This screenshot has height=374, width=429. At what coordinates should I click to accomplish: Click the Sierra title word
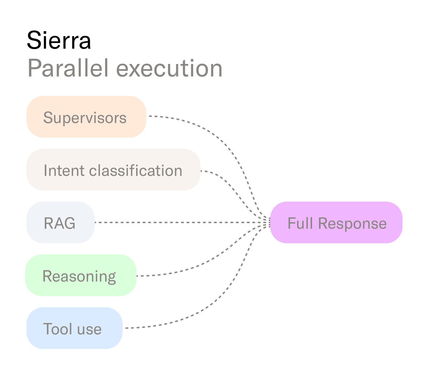59,40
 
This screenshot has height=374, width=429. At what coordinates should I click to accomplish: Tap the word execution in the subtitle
169,68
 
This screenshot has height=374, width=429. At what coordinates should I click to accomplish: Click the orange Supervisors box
86,117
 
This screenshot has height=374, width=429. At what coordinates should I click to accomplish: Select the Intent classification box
113,170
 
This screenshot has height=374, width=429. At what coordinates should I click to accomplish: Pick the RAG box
60,222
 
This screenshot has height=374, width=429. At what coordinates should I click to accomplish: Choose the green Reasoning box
80,275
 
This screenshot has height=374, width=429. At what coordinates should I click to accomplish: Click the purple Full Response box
336,222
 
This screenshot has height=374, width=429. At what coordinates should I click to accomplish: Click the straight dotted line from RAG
174,222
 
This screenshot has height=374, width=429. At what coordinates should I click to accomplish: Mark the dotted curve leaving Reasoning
195,268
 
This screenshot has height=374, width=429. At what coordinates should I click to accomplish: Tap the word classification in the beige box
136,170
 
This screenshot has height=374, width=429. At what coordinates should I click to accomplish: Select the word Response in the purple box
352,223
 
